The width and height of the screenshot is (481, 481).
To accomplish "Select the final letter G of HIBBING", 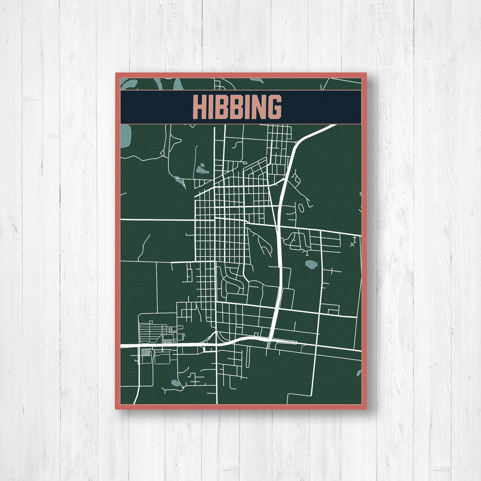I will click(274, 107).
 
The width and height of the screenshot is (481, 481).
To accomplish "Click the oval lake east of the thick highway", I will click(312, 265).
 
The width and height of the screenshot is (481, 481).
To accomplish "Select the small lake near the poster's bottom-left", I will click(176, 384).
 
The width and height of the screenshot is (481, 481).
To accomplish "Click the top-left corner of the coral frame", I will click(116, 74).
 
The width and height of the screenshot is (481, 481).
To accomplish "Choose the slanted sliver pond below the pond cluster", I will click(180, 182).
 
